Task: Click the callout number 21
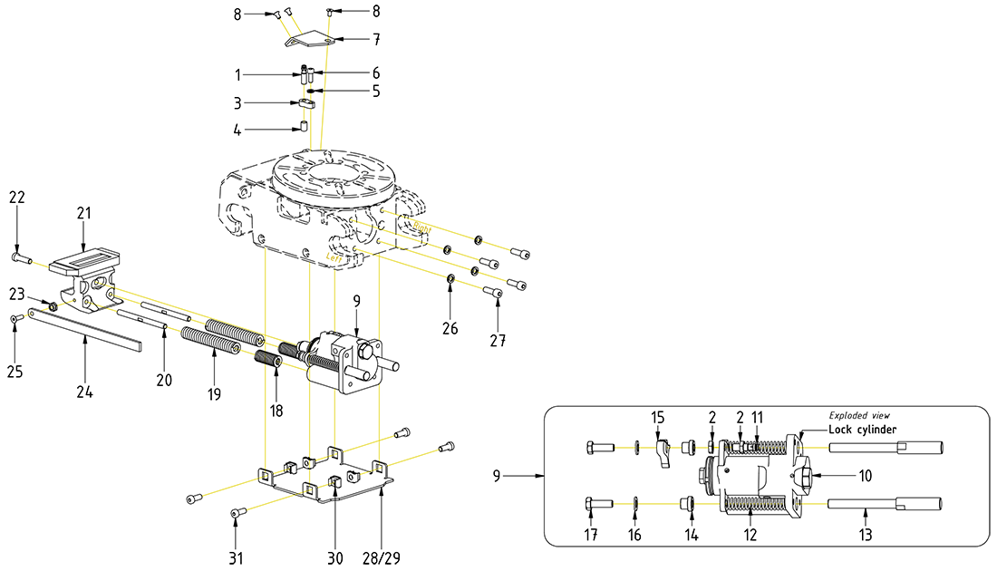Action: point(83,213)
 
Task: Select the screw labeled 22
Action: point(19,257)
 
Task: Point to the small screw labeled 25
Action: point(15,318)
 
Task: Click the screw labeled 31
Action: point(239,514)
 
